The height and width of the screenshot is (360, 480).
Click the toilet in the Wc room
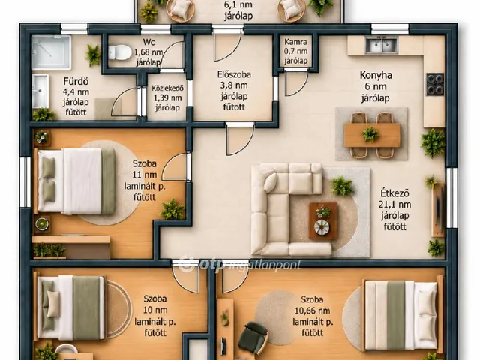120,52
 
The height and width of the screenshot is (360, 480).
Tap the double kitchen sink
382,45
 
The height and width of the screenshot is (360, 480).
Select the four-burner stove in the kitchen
435,85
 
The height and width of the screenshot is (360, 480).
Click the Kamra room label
295,42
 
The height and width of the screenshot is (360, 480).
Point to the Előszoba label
234,74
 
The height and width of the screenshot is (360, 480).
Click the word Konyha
376,75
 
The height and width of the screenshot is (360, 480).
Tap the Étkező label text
395,193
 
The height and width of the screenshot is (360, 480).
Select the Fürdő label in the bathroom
76,81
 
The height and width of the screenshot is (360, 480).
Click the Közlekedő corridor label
167,88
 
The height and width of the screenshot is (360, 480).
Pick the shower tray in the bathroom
51,52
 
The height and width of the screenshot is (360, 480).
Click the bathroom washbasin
40,91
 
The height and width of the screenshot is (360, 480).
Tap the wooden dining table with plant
372,135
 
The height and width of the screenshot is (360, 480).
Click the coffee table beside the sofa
323,220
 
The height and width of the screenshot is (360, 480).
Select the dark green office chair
253,337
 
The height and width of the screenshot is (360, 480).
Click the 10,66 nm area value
312,310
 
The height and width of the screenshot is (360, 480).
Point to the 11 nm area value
145,175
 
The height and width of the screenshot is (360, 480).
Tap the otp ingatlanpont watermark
240,264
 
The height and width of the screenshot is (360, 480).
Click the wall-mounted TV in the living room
439,210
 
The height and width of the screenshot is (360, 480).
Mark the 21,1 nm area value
395,205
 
